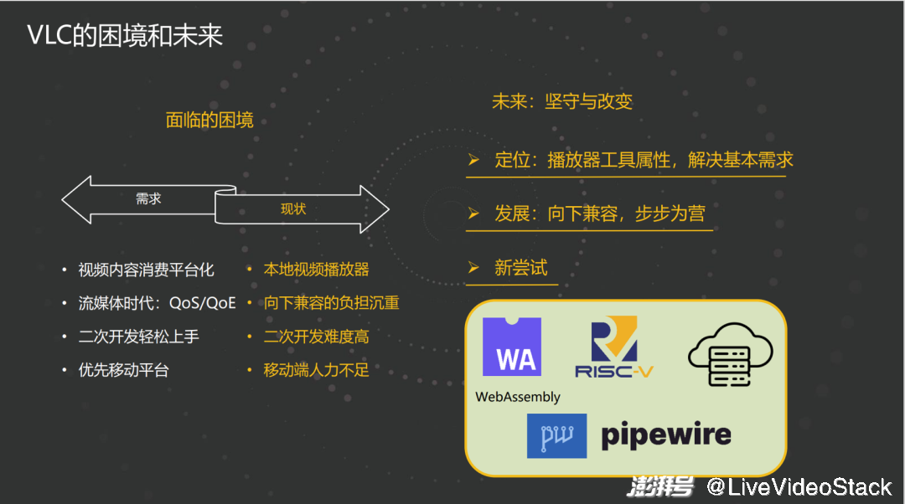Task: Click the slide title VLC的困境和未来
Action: point(125,36)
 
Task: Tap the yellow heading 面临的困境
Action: point(209,121)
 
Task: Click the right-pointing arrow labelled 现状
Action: point(302,209)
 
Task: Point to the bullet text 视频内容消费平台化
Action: point(146,270)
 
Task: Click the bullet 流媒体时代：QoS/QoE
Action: point(157,303)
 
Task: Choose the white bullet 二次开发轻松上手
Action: point(138,337)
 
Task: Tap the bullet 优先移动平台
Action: point(123,370)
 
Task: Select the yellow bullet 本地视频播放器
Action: point(316,270)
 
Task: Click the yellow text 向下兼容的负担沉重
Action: point(331,303)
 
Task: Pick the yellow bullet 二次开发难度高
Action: point(316,337)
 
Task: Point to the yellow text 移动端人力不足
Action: point(316,370)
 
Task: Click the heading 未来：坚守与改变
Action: point(561,102)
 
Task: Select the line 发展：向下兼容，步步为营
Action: point(599,213)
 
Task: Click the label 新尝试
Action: point(520,268)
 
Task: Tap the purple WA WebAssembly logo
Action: point(512,347)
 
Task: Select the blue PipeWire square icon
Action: point(556,435)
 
